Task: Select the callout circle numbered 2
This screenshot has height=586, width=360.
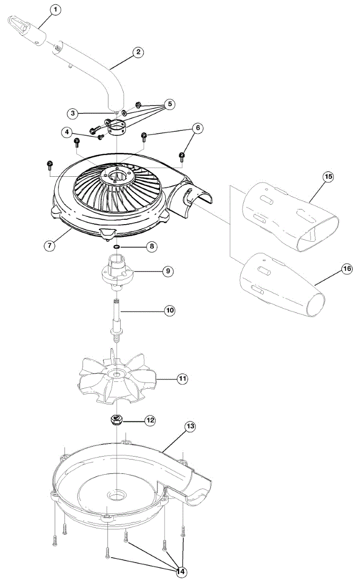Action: pyautogui.click(x=139, y=53)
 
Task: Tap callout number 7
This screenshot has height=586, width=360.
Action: pyautogui.click(x=49, y=245)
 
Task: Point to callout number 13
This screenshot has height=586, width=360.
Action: pyautogui.click(x=190, y=426)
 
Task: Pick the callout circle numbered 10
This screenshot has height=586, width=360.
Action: pyautogui.click(x=169, y=310)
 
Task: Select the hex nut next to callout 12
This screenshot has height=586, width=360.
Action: pyautogui.click(x=117, y=419)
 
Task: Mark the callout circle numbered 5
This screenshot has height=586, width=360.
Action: pyautogui.click(x=169, y=104)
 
